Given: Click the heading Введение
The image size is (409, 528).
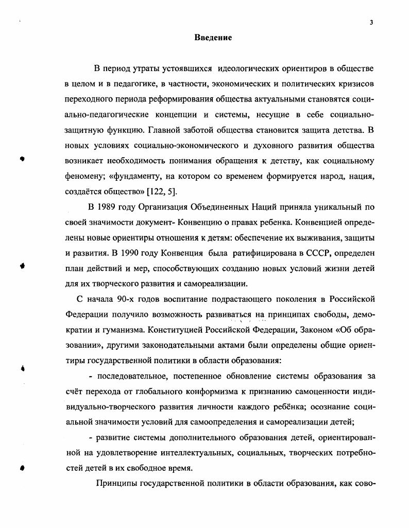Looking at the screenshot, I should pos(213,38).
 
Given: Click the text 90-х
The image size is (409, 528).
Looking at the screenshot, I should pos(124,299).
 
